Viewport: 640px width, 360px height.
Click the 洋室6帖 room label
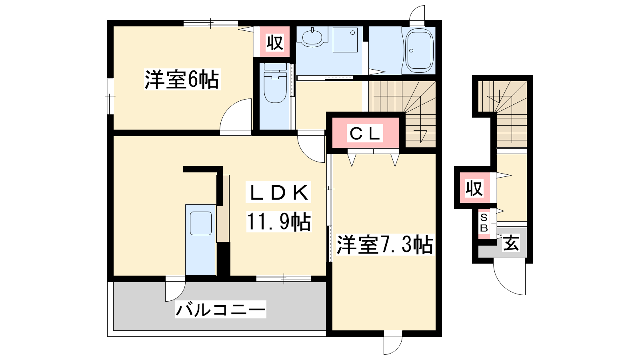tap(182, 80)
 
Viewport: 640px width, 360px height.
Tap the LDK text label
tap(278, 192)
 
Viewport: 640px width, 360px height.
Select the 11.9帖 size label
tap(278, 222)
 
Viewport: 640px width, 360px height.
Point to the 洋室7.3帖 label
tap(384, 244)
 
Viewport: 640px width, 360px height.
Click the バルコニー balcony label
tap(220, 310)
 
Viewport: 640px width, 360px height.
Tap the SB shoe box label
tap(484, 223)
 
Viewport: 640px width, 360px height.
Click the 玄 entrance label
tap(511, 243)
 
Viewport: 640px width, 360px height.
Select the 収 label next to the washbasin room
tap(274, 42)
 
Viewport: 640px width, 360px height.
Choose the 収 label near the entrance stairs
tap(474, 188)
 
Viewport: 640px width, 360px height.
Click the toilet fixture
tap(275, 83)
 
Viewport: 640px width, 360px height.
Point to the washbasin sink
tap(312, 37)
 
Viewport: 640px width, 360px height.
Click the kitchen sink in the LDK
tap(200, 223)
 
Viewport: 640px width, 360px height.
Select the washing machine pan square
tap(345, 40)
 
